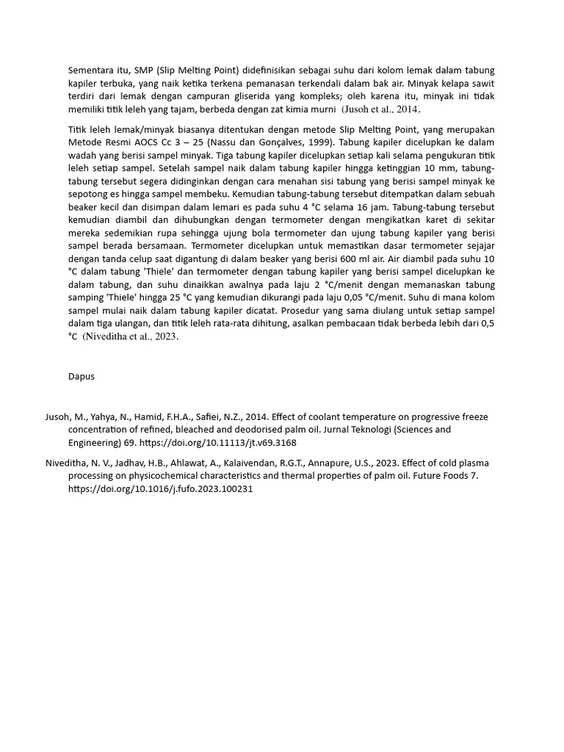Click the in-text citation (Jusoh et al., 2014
(380, 109)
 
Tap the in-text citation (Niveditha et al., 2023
(131, 337)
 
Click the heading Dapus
(82, 377)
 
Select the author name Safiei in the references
(215, 417)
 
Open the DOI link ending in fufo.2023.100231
(161, 490)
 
